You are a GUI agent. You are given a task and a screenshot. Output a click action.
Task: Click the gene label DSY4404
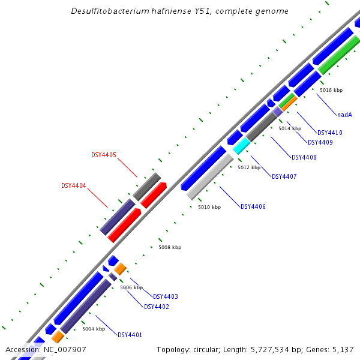coord(74,185)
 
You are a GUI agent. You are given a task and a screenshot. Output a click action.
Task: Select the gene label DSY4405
coord(104,155)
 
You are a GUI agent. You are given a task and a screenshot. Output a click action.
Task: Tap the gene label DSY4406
coord(253,206)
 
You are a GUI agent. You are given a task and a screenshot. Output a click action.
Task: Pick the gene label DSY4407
coord(284,176)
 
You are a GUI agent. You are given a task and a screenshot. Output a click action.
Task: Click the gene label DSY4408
coord(304,157)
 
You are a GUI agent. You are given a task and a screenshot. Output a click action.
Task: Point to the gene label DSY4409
coord(320,142)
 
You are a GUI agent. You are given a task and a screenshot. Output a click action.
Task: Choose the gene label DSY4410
coord(330,133)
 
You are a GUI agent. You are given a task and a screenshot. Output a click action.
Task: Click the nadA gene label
coord(344,115)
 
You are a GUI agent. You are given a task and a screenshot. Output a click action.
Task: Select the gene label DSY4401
coord(130,335)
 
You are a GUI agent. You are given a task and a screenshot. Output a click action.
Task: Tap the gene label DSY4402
coord(157,307)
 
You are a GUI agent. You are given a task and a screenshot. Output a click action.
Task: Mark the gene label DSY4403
coord(166,296)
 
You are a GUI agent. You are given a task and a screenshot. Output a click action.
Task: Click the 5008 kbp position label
coord(170,247)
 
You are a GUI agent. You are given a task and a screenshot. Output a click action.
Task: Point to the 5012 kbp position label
coord(249,167)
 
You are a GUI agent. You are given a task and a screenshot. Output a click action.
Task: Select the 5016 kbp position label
coord(331,90)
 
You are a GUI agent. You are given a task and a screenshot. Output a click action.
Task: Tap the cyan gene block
coord(241,146)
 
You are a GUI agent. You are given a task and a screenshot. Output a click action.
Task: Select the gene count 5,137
coord(341,349)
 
